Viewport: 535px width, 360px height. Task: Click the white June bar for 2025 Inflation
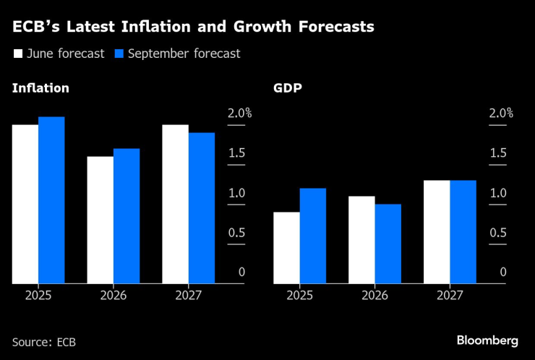click(x=25, y=204)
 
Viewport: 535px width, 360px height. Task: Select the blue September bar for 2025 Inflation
click(x=51, y=200)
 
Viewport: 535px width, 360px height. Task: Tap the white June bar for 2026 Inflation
click(x=100, y=220)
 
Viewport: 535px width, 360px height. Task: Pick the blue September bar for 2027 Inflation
click(x=202, y=208)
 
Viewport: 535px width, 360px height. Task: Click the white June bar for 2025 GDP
click(x=287, y=248)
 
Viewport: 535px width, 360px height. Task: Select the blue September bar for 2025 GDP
click(x=313, y=236)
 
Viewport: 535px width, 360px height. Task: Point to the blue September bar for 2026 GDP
click(x=388, y=244)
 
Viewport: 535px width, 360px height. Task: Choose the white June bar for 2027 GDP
click(x=437, y=232)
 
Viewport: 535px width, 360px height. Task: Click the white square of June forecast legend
click(x=18, y=53)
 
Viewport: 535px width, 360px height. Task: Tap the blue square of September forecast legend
click(x=120, y=53)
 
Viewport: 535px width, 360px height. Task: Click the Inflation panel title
click(x=40, y=88)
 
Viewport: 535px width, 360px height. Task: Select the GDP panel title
click(x=287, y=88)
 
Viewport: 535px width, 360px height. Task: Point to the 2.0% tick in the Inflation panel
click(x=239, y=113)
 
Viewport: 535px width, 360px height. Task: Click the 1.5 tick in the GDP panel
click(x=499, y=153)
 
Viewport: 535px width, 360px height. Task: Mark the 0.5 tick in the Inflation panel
click(x=237, y=233)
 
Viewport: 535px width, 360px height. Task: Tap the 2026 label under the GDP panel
click(x=374, y=296)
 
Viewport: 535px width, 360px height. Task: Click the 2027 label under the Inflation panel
click(x=189, y=296)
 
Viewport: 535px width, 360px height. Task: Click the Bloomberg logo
click(x=487, y=340)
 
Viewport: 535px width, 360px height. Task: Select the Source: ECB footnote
click(x=44, y=341)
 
